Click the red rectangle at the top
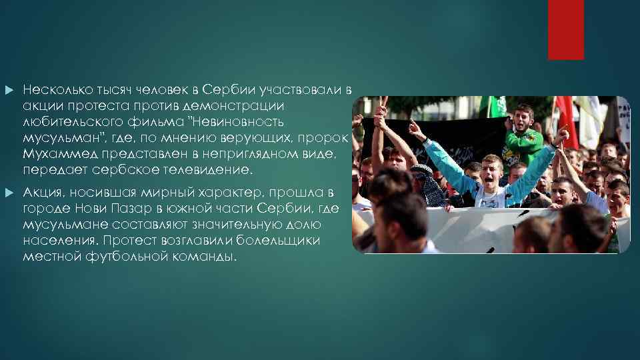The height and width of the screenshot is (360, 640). pos(565,30)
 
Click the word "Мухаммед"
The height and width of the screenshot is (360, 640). pos(53,154)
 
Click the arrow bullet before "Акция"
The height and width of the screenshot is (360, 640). pos(8,193)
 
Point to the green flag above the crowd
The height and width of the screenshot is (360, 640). pos(497,106)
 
